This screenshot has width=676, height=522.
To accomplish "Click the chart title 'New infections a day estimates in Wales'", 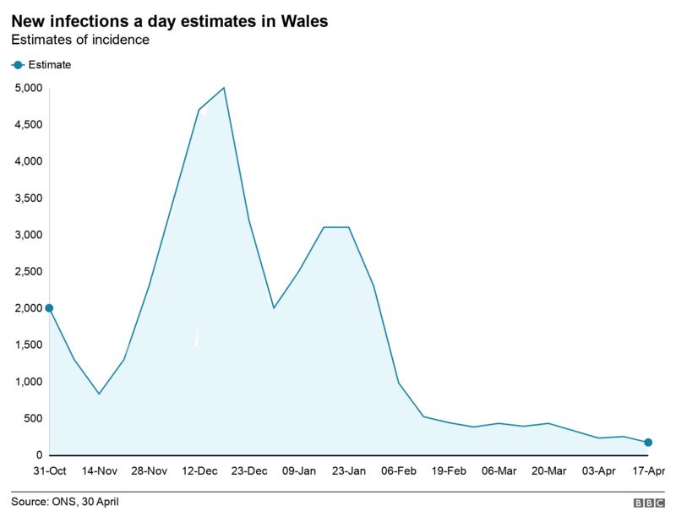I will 170,19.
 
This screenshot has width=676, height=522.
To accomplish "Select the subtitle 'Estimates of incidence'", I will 80,40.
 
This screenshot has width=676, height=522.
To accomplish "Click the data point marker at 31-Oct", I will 49,308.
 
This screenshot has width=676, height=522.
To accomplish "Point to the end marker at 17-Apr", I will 648,443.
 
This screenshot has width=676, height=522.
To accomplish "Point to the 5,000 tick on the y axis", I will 29,88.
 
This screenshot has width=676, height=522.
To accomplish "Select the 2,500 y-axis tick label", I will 29,272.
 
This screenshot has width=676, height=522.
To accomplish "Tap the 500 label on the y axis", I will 34,419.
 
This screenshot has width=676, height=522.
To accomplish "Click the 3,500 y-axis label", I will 29,198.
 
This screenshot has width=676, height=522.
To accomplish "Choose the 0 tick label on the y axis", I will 39,456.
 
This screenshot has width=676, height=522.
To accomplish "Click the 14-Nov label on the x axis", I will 99,471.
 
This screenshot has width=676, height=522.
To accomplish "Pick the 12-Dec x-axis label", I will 199,471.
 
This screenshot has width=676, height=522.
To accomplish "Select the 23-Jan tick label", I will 349,471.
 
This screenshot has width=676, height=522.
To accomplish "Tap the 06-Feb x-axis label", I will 399,471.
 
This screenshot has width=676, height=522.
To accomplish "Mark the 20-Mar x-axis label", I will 548,471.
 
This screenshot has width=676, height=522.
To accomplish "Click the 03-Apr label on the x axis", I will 598,471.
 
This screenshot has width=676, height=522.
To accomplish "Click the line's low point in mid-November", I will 99,394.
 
